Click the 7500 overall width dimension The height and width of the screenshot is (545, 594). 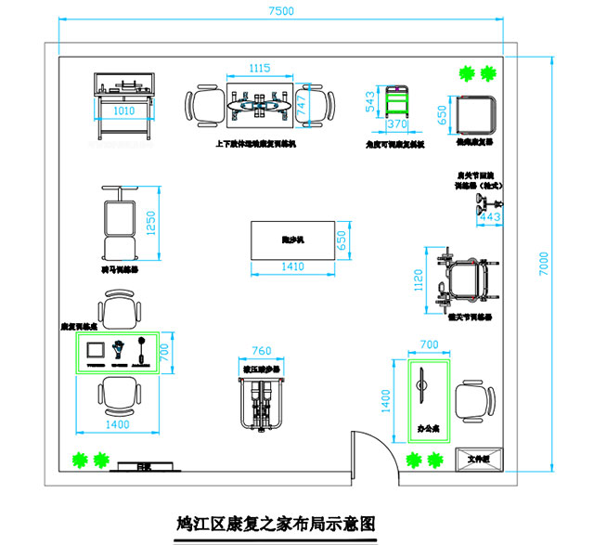click(x=280, y=11)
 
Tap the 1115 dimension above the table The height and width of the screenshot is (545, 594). click(x=259, y=68)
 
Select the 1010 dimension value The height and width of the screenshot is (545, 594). click(x=123, y=110)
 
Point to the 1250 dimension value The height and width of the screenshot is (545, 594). click(x=152, y=224)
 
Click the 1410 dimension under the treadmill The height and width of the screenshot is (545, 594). click(x=292, y=267)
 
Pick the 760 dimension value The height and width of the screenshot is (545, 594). click(x=262, y=351)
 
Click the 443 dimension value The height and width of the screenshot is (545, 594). click(x=491, y=217)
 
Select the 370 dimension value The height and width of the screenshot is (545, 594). click(x=397, y=123)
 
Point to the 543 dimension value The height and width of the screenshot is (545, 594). click(x=372, y=102)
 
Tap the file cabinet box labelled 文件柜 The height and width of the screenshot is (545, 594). click(x=477, y=459)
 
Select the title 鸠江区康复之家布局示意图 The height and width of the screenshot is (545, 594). click(x=277, y=523)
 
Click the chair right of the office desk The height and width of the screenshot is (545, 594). click(x=474, y=401)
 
